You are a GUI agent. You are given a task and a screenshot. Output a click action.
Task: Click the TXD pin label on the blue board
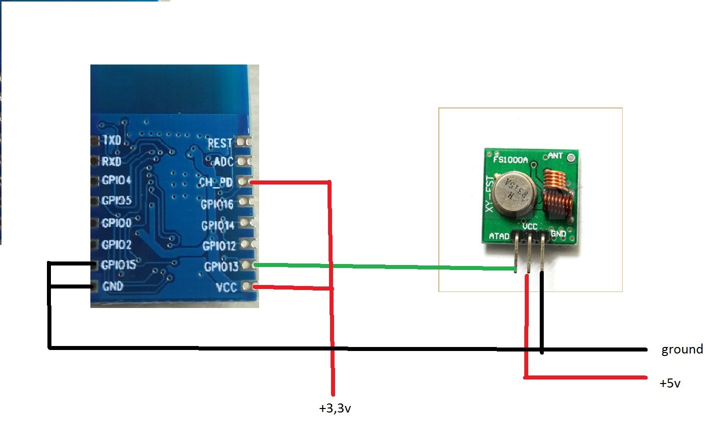pos(112,140)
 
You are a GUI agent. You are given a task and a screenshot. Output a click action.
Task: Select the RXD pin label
pos(112,161)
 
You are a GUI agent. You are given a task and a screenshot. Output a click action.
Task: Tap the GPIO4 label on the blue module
pos(116,180)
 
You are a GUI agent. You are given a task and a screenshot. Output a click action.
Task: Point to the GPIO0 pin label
pos(116,223)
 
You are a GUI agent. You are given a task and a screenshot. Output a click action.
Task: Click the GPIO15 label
pos(118,265)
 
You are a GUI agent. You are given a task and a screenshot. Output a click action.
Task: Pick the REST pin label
pos(220,143)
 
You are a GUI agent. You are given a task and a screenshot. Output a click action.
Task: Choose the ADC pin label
pos(223,162)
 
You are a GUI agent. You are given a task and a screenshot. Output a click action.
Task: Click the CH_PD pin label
pos(216,182)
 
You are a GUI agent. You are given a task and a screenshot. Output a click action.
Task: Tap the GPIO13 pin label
pos(221,266)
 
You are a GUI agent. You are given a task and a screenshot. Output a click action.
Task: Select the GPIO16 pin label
pos(217,204)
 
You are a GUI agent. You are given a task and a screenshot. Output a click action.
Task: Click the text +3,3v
pos(335,408)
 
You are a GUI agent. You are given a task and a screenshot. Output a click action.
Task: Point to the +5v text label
pos(670,383)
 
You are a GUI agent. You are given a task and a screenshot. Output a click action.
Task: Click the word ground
pos(682,349)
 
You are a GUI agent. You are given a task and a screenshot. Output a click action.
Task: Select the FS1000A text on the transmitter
pos(510,160)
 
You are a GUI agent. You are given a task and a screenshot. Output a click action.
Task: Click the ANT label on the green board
pos(555,156)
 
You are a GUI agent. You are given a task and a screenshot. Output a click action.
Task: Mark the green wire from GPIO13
pos(384,267)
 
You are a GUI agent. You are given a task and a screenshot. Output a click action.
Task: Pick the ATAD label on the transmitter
pos(499,236)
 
